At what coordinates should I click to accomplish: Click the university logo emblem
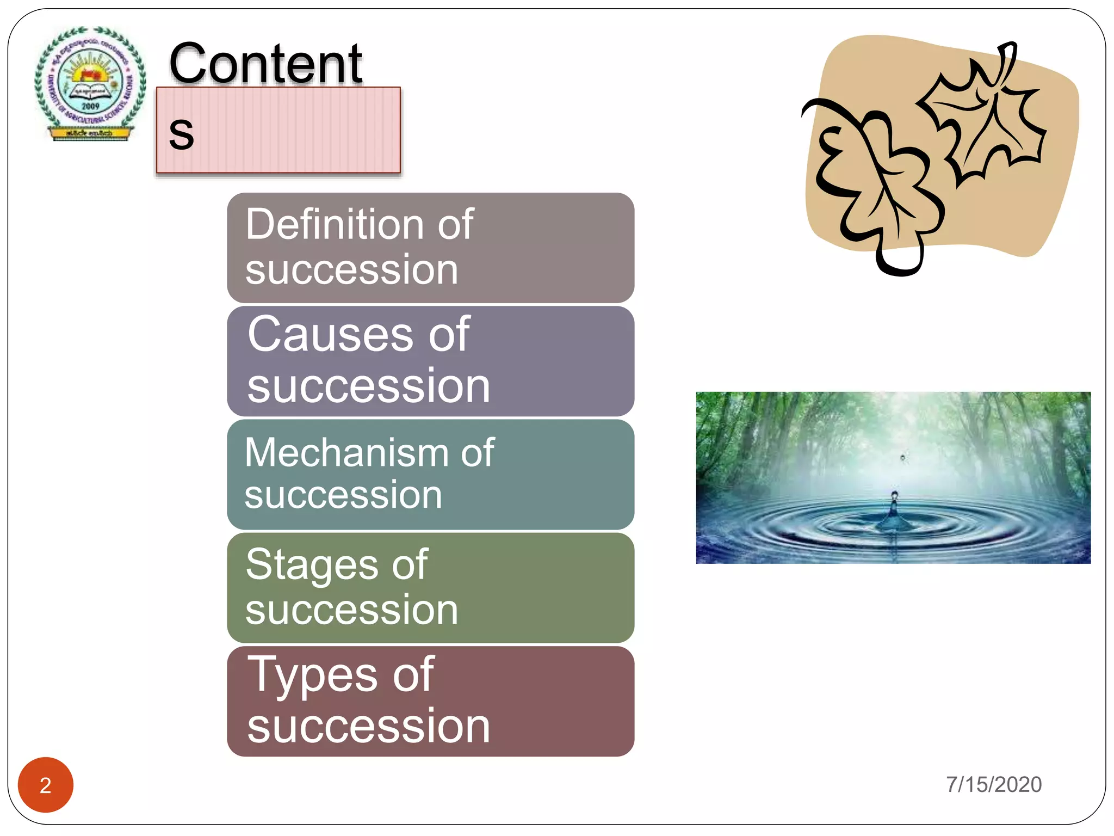90,84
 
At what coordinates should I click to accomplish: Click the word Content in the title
265,64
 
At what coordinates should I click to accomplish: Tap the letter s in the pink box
181,133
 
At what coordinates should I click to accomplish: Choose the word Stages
312,565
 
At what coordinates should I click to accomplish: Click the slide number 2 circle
46,785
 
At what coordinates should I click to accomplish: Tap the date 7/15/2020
993,784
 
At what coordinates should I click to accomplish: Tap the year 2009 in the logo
90,106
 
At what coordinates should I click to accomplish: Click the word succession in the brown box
368,726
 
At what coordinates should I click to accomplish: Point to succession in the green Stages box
351,610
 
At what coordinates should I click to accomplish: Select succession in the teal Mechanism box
343,495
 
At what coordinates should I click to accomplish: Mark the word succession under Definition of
351,270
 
